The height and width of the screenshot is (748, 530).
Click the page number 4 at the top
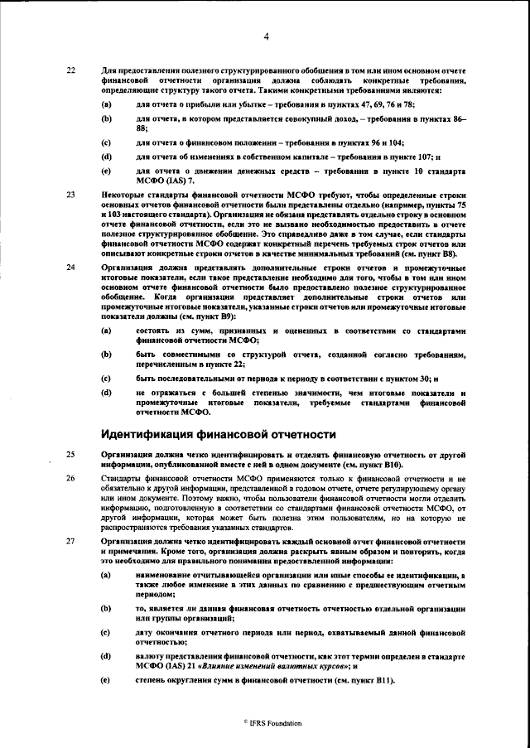click(266, 36)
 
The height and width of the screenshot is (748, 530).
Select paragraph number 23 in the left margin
click(70, 195)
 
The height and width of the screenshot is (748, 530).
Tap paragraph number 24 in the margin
click(70, 268)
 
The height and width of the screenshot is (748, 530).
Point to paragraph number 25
click(70, 456)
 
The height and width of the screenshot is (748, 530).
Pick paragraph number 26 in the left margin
click(70, 478)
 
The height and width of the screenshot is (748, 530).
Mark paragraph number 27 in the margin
click(70, 540)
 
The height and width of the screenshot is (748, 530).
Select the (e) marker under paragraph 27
click(106, 681)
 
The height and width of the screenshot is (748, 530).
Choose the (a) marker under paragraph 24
click(106, 331)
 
